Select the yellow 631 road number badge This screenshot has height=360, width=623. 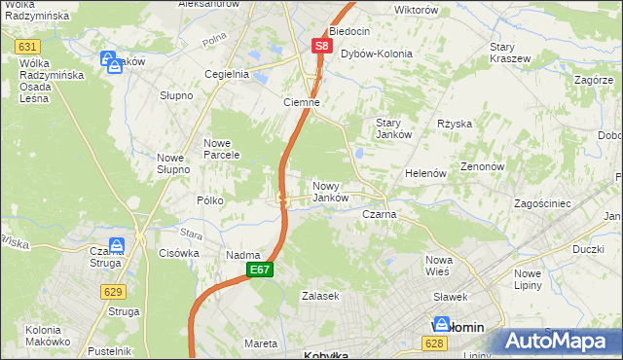pos(27,46)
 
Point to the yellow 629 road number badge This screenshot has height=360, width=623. pos(112,291)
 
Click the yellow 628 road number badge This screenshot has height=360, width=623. pos(435,342)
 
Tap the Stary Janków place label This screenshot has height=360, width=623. pos(394,128)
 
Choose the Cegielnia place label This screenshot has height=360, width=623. pos(226,74)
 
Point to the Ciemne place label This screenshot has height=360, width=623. pos(301,102)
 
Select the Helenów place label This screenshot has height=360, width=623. pos(425,173)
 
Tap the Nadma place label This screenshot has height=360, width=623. pos(242,255)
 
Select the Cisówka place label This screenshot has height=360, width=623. pos(178,252)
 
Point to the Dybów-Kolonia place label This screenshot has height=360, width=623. pos(376,54)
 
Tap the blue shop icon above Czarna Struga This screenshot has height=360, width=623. pos(117,246)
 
